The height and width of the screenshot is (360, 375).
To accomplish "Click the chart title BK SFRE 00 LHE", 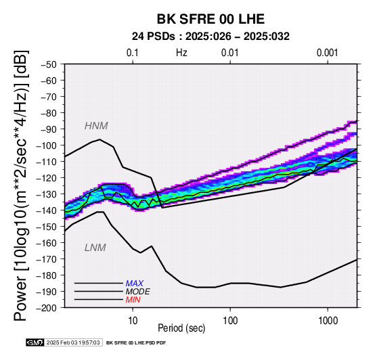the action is click(211, 19).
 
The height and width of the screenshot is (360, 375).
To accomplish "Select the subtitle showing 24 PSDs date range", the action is click(211, 37).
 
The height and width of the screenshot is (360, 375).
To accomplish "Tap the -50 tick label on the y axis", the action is click(49, 64).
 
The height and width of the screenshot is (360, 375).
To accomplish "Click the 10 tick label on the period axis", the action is click(133, 321).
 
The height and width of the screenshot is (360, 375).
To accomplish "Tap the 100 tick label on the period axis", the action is click(230, 321).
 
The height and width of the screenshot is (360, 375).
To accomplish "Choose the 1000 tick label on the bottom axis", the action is click(328, 321).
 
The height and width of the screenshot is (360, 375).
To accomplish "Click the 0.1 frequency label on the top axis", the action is click(132, 53).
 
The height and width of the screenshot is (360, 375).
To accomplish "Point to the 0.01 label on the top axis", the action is click(230, 53).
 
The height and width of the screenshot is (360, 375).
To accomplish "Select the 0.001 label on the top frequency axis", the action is click(327, 53).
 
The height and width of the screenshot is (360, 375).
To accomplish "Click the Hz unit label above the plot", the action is click(181, 53).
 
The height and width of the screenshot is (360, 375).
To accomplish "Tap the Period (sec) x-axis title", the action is click(181, 328).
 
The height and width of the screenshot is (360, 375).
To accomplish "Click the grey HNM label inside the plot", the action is click(96, 126).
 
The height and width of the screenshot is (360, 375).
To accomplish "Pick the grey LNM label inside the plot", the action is click(95, 248).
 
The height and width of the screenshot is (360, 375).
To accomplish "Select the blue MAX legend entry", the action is click(135, 284).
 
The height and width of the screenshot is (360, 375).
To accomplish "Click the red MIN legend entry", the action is click(133, 300).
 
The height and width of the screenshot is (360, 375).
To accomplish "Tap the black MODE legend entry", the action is click(138, 292).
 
